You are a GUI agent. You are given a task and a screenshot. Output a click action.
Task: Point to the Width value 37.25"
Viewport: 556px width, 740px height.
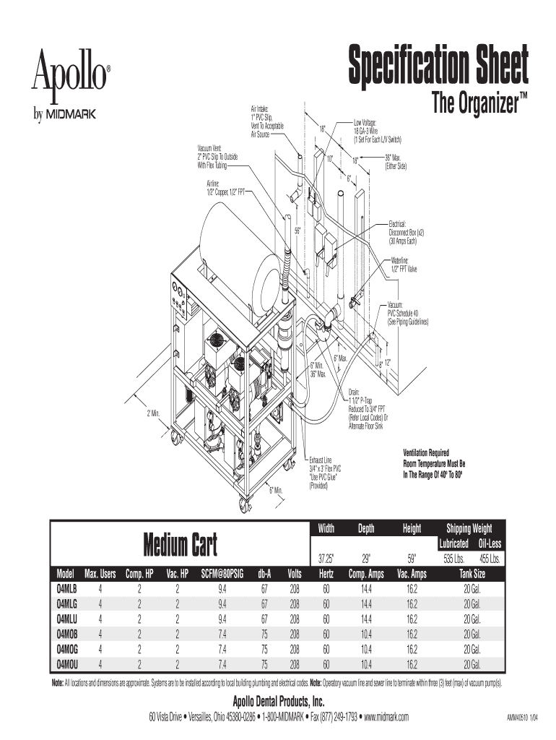click(326, 559)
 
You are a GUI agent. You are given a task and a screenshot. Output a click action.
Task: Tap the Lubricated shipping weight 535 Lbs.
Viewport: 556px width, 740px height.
click(453, 559)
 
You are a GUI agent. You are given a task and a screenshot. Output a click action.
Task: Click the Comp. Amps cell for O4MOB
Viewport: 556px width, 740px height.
click(367, 634)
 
